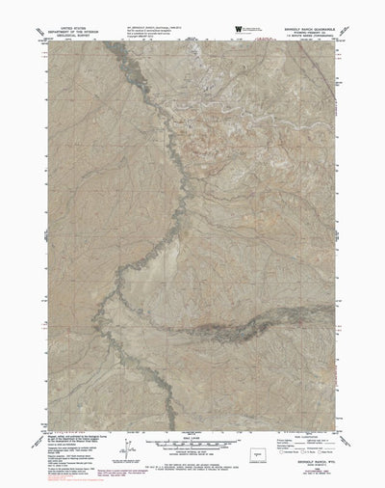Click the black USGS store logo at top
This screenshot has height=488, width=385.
point(237,31)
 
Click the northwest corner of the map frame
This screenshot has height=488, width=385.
point(44,42)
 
